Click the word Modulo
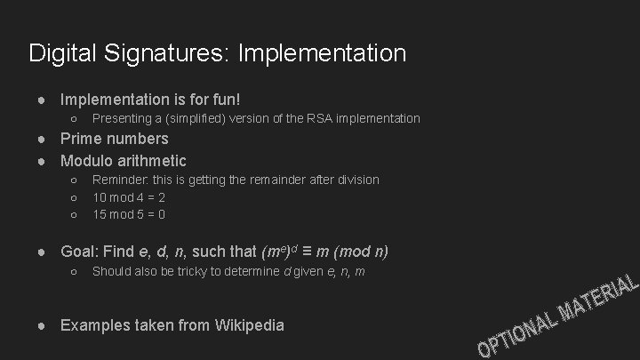87,161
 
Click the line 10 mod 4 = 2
129,196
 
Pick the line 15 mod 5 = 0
129,214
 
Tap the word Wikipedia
250,324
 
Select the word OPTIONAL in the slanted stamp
515,336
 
